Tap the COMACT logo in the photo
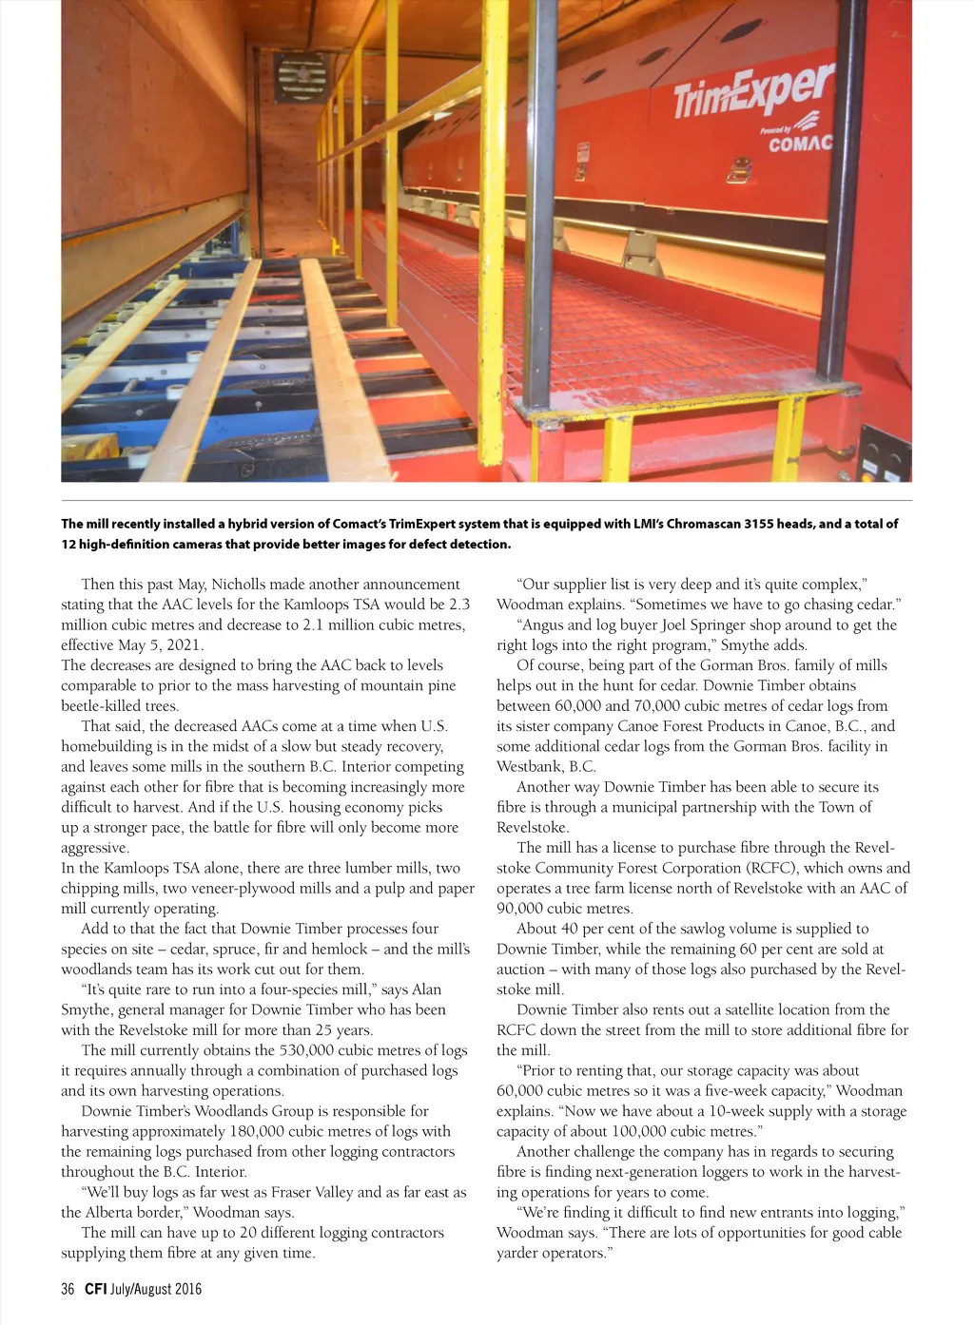(799, 144)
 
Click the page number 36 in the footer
(68, 1290)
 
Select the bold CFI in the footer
(95, 1290)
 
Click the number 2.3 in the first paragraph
(458, 605)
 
